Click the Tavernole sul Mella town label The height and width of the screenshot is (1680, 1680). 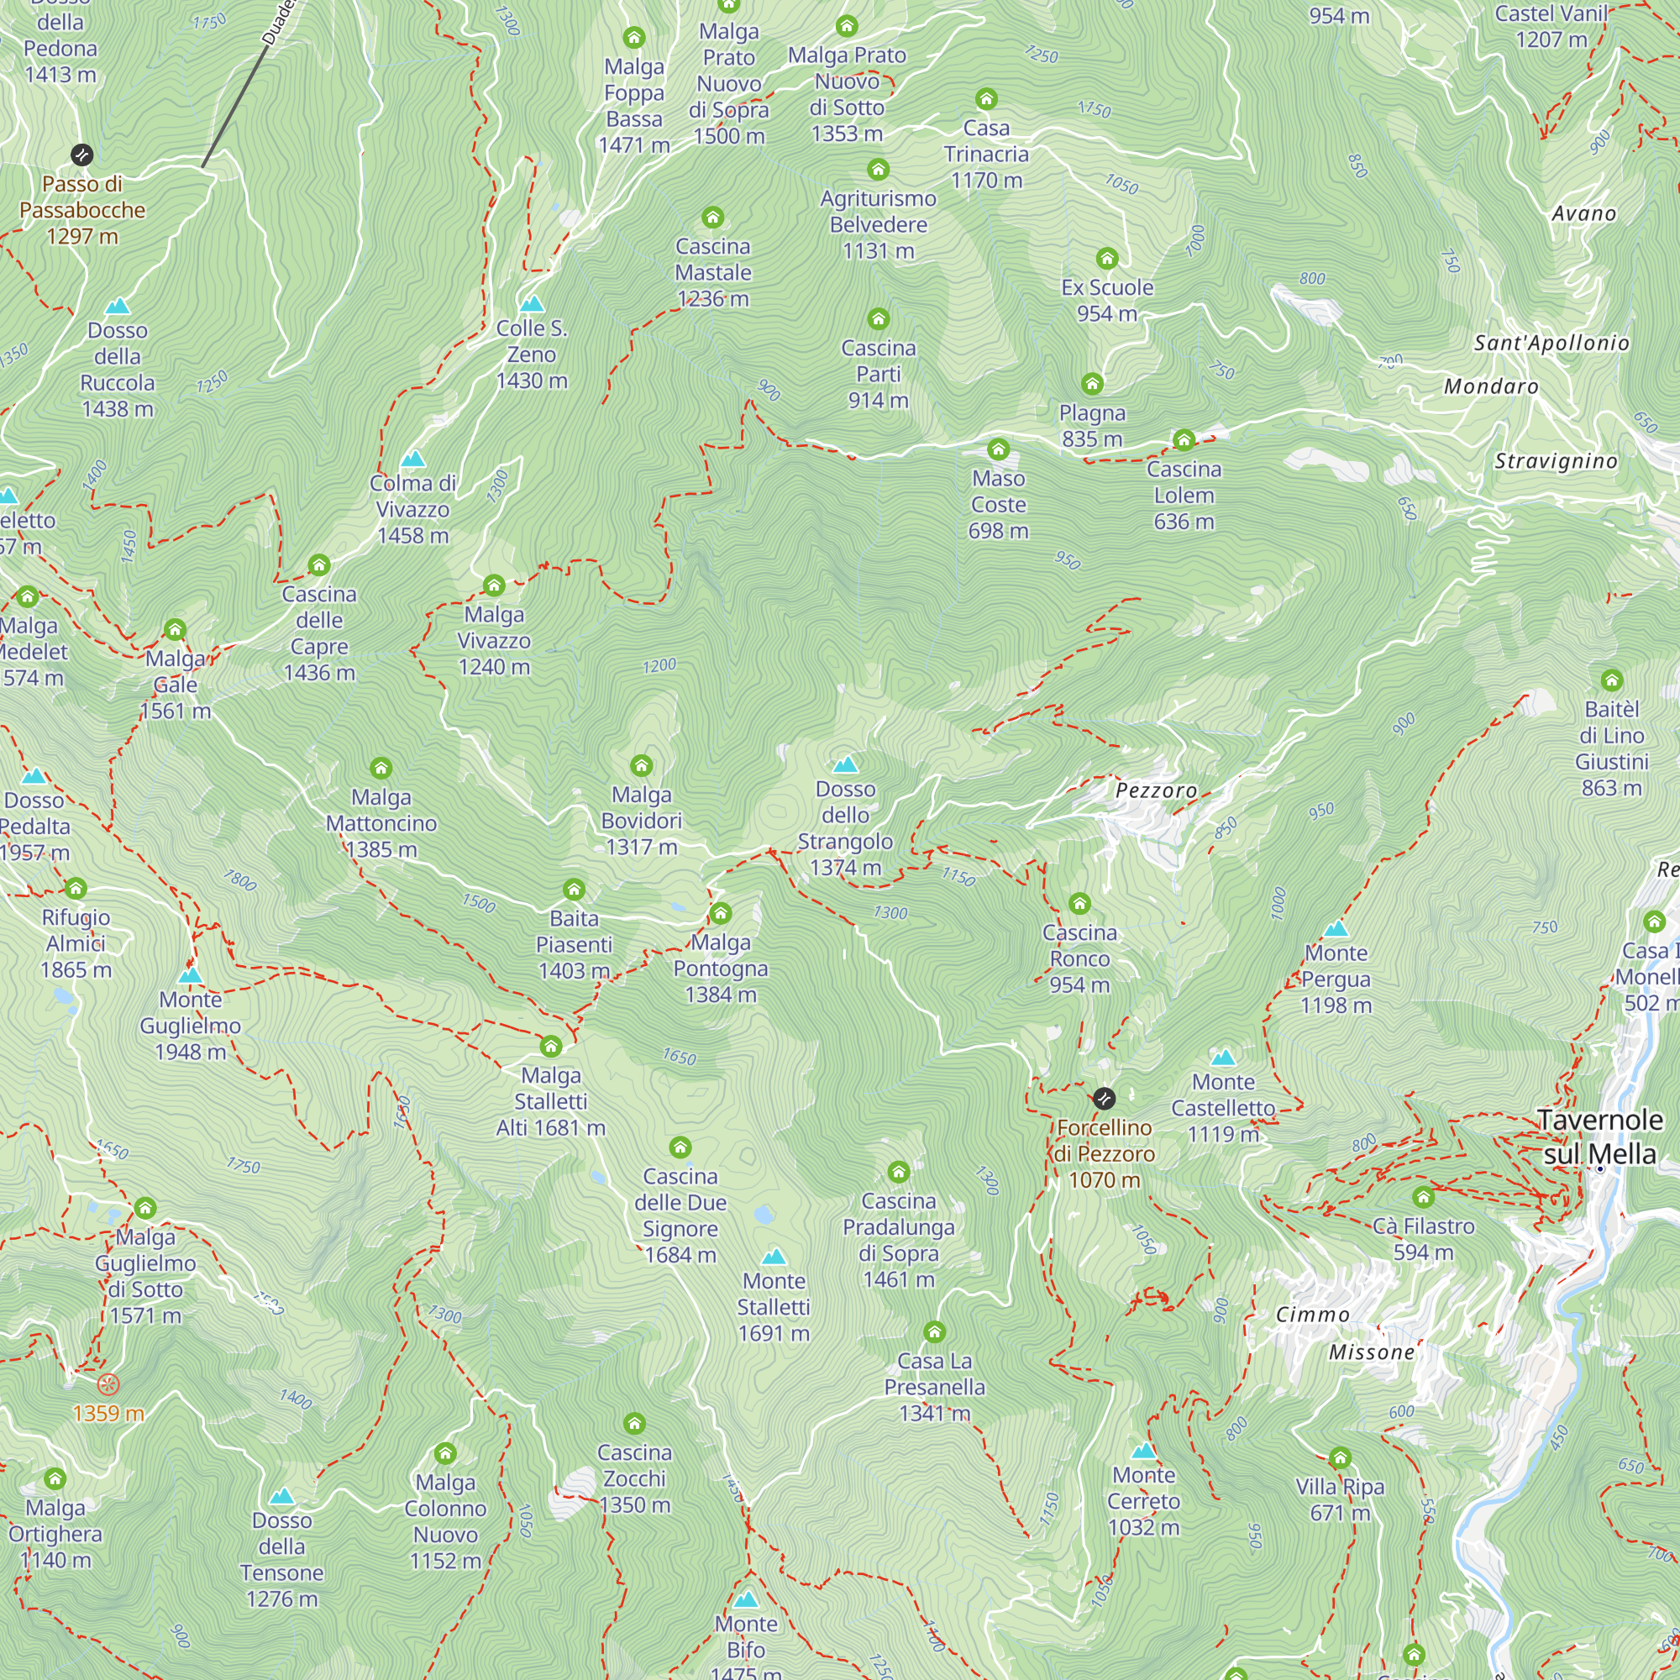(1599, 1137)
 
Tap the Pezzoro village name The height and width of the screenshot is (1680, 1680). (1156, 790)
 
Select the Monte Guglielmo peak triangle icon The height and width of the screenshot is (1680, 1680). (191, 974)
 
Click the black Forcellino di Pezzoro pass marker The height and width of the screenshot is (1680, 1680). (1104, 1098)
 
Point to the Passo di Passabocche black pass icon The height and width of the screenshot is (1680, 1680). (81, 155)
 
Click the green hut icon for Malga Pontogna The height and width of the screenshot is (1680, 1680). (720, 913)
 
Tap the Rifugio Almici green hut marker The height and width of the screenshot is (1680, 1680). (76, 888)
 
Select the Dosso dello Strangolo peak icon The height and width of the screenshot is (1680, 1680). (845, 765)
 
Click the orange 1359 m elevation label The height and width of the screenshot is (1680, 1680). (108, 1413)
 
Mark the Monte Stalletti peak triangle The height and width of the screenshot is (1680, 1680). (773, 1257)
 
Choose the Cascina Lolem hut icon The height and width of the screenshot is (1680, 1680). (1184, 440)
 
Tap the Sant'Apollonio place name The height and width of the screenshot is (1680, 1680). (1551, 344)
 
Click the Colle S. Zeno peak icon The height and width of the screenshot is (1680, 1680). (532, 304)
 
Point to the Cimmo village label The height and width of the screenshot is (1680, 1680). (1312, 1315)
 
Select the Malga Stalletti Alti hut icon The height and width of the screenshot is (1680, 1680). (550, 1046)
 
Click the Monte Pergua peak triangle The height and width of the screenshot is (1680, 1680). (1336, 929)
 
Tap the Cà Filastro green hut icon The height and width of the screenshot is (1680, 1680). (1423, 1197)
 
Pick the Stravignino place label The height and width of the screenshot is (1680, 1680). (1556, 462)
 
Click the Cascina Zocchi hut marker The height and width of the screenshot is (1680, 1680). (634, 1424)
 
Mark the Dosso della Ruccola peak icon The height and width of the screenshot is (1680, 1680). (118, 306)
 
